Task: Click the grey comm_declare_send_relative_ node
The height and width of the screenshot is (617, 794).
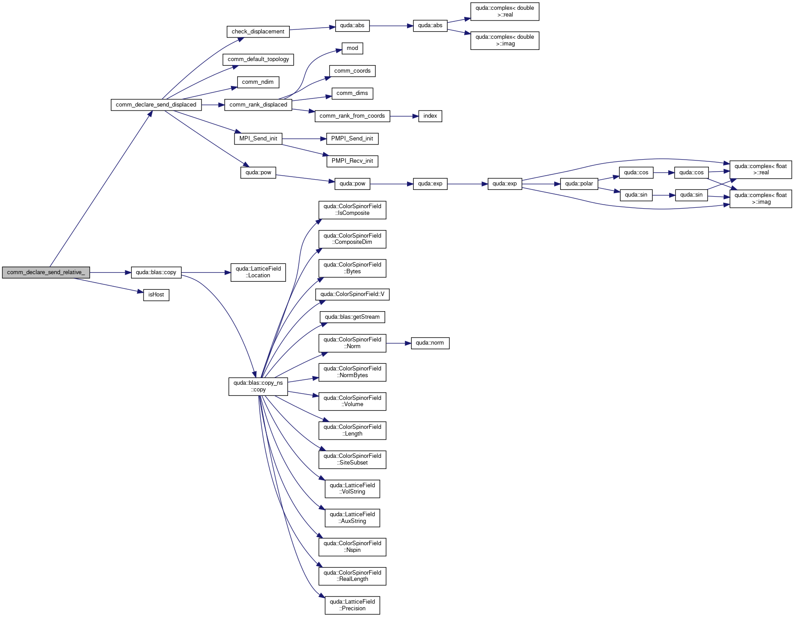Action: (46, 272)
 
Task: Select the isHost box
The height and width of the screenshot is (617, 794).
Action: (156, 295)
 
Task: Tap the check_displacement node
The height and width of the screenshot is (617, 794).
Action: (258, 32)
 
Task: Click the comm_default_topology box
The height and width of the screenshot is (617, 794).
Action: (258, 59)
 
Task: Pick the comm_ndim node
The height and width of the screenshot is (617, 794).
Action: (258, 82)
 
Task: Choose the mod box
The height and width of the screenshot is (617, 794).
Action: (352, 48)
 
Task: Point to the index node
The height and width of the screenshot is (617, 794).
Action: (430, 116)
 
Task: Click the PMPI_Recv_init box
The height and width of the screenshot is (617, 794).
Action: (352, 161)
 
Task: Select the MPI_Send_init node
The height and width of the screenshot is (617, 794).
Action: (258, 139)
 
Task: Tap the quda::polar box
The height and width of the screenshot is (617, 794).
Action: (579, 184)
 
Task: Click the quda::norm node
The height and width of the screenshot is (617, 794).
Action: (430, 343)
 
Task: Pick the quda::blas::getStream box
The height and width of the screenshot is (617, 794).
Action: (352, 317)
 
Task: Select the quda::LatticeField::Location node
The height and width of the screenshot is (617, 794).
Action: (258, 272)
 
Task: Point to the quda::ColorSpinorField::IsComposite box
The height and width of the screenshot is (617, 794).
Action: (352, 210)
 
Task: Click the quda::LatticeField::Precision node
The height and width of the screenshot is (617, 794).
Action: (352, 605)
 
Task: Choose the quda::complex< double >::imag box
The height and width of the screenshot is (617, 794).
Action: (505, 41)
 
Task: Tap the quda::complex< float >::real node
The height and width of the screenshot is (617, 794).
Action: (761, 169)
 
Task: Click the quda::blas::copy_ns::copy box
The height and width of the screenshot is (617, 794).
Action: (258, 387)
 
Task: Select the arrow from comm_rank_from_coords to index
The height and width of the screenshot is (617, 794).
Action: (404, 116)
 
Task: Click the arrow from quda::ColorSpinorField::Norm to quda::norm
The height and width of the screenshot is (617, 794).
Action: (399, 343)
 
